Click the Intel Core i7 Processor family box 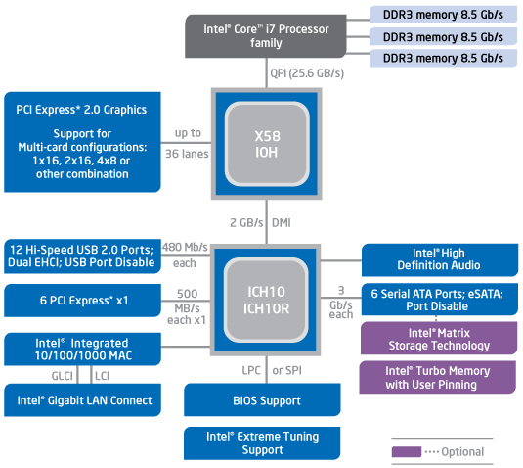pyautogui.click(x=266, y=36)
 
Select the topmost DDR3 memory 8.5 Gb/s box pyautogui.click(x=443, y=15)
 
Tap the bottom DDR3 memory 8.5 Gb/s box pyautogui.click(x=443, y=58)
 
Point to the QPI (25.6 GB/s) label pyautogui.click(x=307, y=73)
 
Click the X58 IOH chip pyautogui.click(x=267, y=144)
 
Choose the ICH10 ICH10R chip pyautogui.click(x=266, y=300)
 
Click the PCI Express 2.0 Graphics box pyautogui.click(x=82, y=142)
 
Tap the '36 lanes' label pyautogui.click(x=187, y=154)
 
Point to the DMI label pyautogui.click(x=282, y=223)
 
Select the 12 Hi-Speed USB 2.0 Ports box pyautogui.click(x=82, y=257)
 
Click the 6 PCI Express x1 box pyautogui.click(x=82, y=301)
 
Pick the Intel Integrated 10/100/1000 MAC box pyautogui.click(x=82, y=350)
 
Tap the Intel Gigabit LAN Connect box pyautogui.click(x=82, y=399)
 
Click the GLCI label pyautogui.click(x=62, y=376)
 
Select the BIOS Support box pyautogui.click(x=262, y=399)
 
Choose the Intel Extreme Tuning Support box pyautogui.click(x=262, y=444)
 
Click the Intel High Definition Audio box pyautogui.click(x=440, y=259)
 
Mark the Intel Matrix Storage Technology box pyautogui.click(x=439, y=338)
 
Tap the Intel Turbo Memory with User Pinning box pyautogui.click(x=438, y=377)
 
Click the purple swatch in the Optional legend pyautogui.click(x=407, y=451)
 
